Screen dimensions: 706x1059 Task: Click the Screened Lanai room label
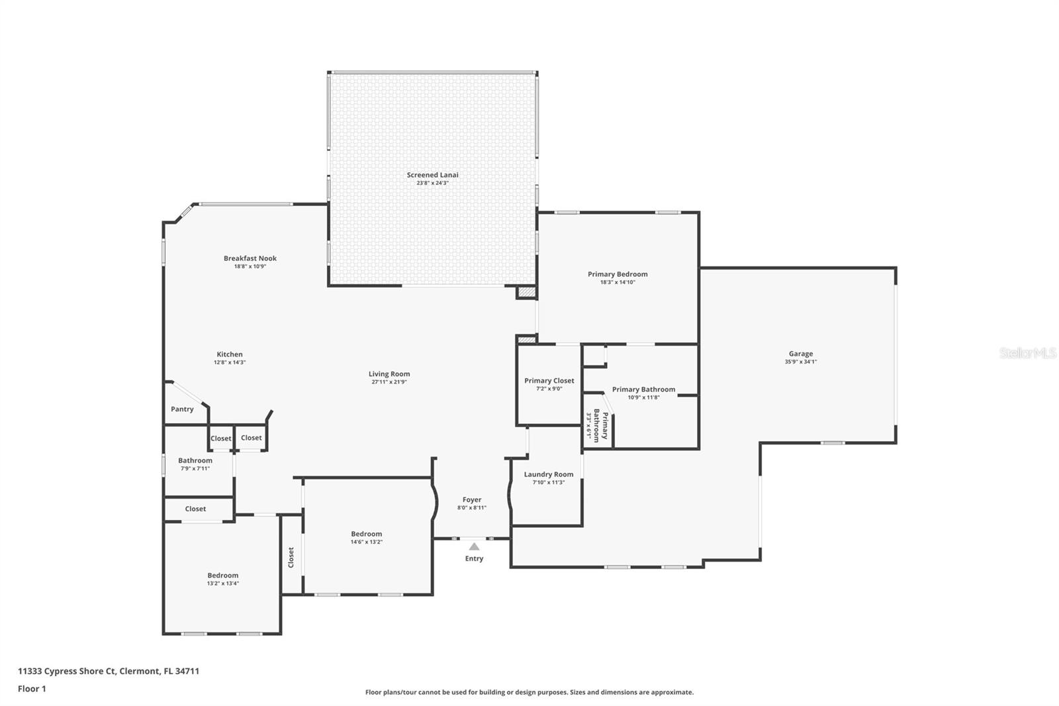tap(432, 175)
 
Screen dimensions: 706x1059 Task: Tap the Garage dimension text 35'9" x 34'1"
tap(801, 362)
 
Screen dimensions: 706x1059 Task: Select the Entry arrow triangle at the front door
tap(474, 547)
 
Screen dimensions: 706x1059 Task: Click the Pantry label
tap(182, 409)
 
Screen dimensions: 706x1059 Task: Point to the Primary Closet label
tap(549, 381)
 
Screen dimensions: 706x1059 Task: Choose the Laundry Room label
tap(548, 474)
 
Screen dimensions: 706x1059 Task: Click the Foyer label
tap(472, 500)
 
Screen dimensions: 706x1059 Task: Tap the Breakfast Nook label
tap(250, 258)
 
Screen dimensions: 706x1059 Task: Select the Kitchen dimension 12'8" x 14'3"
tap(230, 362)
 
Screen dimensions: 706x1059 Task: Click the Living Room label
tap(389, 374)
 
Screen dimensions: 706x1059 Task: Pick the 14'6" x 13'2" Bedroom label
tap(366, 534)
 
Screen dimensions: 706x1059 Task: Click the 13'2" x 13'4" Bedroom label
tap(222, 576)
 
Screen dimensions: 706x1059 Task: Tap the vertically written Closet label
tap(291, 557)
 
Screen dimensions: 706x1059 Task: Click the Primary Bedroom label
tap(618, 274)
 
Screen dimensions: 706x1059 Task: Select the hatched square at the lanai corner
tap(526, 291)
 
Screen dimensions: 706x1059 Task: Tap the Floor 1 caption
tap(32, 689)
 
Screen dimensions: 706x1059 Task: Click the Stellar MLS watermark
tap(1027, 354)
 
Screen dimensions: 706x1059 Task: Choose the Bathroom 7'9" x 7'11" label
tap(195, 461)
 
